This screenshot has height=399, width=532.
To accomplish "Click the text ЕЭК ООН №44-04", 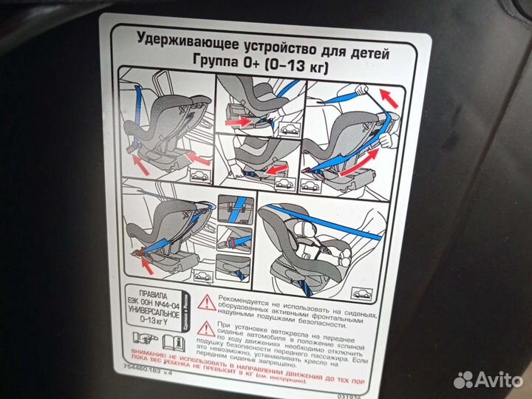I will click(151, 303).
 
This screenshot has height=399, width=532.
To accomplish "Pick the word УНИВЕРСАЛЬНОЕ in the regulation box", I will click(151, 313).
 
